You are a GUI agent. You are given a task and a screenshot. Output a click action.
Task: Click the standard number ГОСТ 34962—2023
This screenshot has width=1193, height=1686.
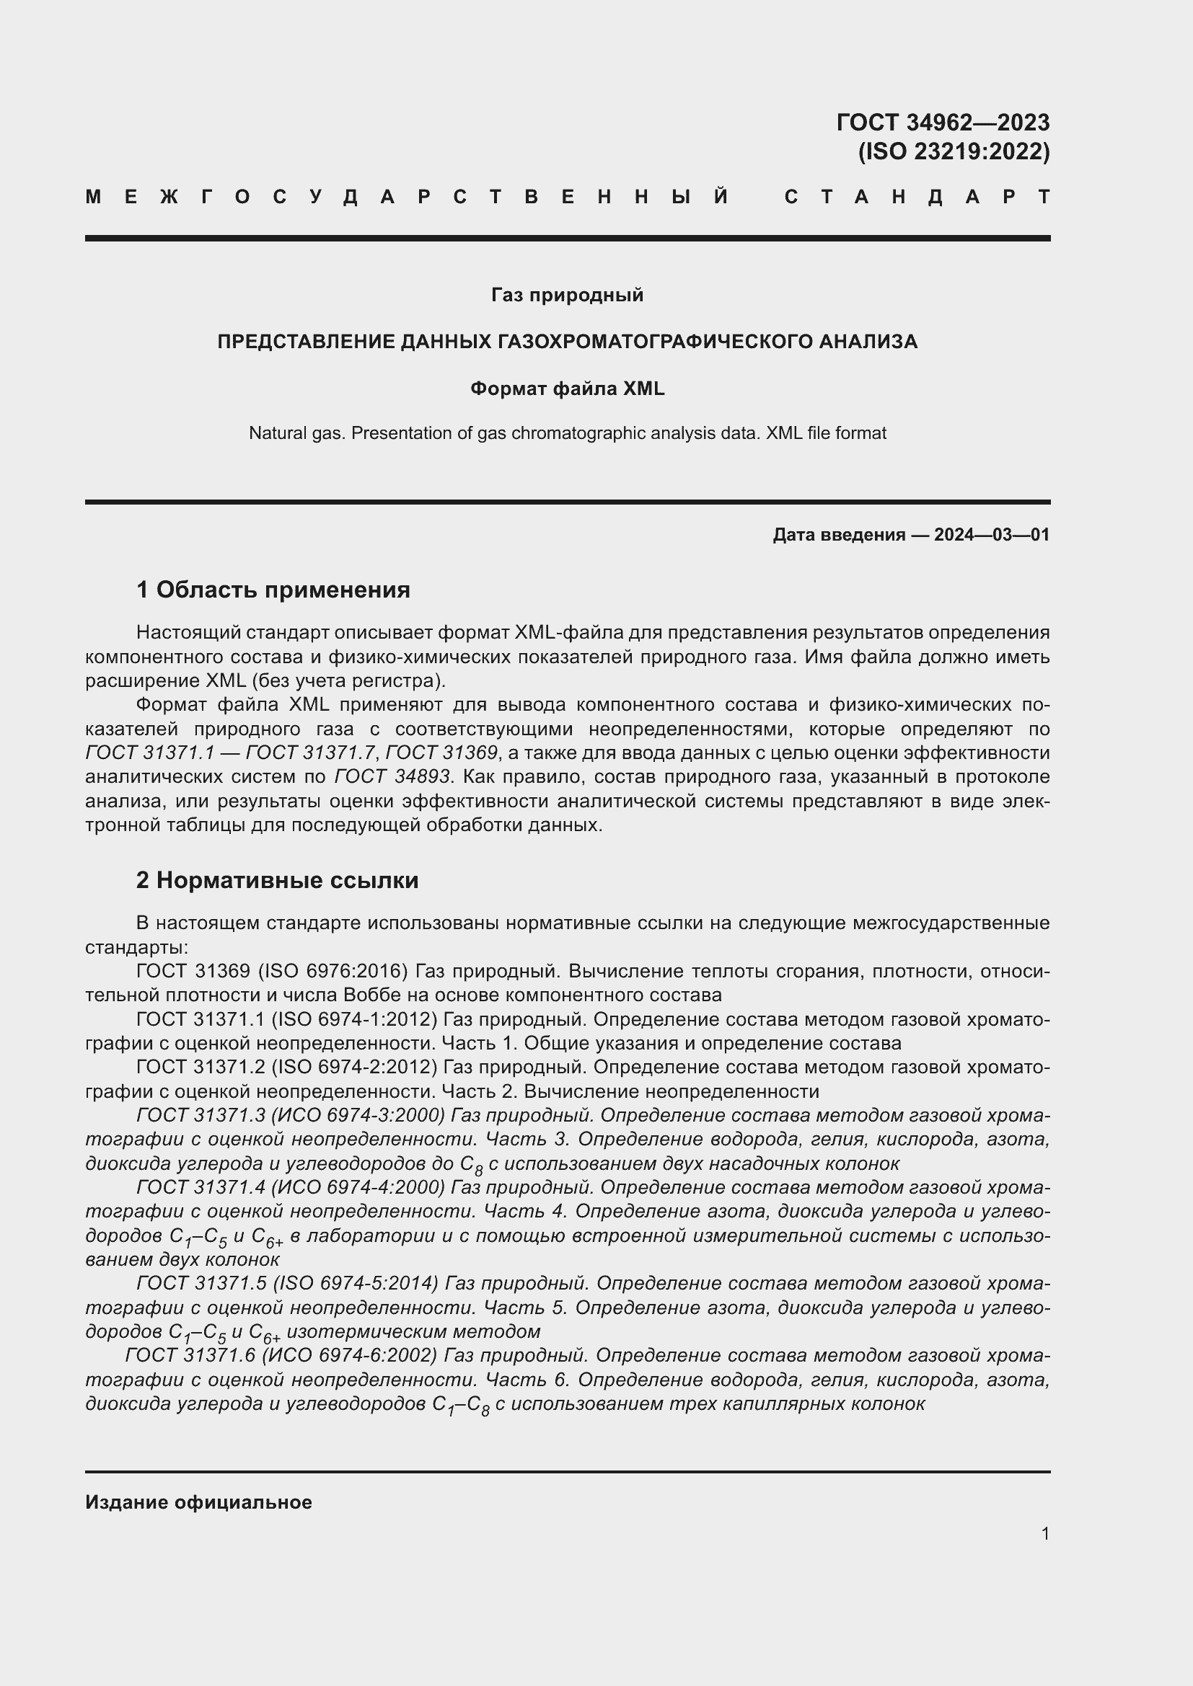click(x=943, y=122)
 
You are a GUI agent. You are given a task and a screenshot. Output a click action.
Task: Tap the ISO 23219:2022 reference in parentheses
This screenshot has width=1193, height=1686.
click(x=954, y=151)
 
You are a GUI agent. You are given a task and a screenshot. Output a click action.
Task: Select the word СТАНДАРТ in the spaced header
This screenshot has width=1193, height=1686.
click(x=917, y=197)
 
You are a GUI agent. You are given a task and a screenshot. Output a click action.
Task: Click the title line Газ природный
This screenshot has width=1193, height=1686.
click(x=567, y=296)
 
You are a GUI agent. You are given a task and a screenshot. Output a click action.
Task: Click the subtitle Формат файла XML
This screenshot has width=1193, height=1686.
click(x=567, y=389)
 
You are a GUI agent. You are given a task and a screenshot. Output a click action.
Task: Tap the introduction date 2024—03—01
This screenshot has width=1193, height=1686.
click(x=991, y=535)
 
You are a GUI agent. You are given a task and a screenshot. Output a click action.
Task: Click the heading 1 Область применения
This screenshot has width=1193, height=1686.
click(x=273, y=590)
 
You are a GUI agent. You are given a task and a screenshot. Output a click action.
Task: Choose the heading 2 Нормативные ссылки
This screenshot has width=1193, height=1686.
click(x=277, y=879)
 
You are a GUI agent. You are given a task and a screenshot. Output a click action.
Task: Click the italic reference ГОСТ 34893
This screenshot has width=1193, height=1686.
click(x=392, y=777)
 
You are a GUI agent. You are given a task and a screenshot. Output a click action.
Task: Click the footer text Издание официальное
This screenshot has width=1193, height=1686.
click(x=198, y=1496)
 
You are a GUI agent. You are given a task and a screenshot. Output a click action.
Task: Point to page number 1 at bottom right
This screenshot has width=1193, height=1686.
click(x=1044, y=1533)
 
